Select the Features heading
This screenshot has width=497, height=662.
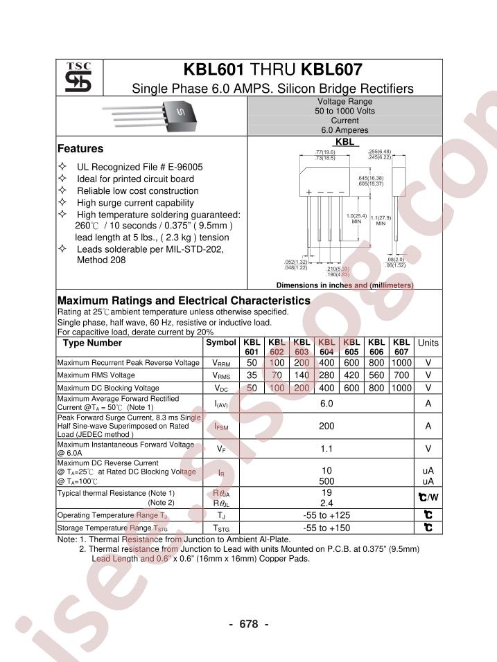[x=80, y=149]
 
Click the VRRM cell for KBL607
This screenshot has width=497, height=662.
[x=401, y=363]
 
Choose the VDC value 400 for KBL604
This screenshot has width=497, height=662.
[x=326, y=388]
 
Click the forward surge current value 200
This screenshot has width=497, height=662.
[x=326, y=427]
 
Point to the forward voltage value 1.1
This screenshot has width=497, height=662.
[x=326, y=449]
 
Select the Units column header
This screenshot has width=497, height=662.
[x=428, y=343]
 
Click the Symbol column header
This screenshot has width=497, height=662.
[x=220, y=343]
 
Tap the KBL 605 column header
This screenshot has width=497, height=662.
[x=351, y=348]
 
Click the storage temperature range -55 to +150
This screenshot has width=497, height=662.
[x=326, y=528]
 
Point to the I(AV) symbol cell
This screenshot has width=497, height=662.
[x=220, y=404]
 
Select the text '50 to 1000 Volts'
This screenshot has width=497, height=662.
[x=345, y=111]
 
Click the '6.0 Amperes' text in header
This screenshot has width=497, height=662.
[x=345, y=130]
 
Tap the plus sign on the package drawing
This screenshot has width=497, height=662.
[x=309, y=191]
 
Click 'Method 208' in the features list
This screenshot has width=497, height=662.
[x=101, y=260]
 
